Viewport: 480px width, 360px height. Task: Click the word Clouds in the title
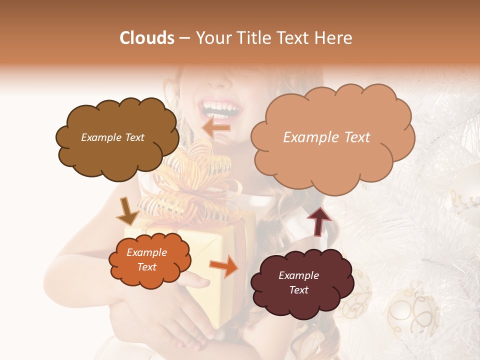(147, 38)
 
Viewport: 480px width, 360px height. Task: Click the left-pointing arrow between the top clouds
(216, 127)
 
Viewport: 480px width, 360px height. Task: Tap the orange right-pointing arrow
(224, 266)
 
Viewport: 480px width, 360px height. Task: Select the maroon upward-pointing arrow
(318, 221)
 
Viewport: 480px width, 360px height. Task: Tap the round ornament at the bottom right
(412, 312)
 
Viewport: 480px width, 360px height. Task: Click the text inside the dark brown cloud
(112, 137)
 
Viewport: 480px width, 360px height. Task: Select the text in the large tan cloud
(326, 137)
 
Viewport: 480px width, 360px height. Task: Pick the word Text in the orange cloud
(147, 267)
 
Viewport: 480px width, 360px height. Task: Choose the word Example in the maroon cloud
(298, 275)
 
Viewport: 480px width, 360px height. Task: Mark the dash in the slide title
(184, 38)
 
